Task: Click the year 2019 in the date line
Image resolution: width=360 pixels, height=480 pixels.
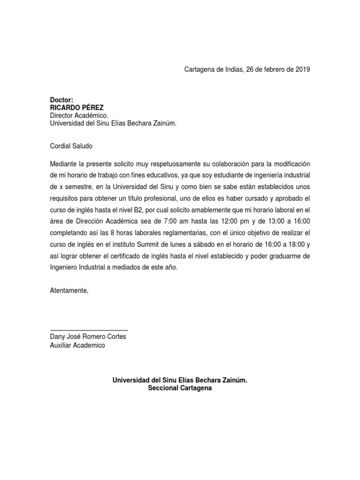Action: click(302, 69)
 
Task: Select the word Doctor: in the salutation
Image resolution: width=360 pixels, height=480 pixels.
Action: click(62, 100)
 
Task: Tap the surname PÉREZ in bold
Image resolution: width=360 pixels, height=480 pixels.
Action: click(93, 108)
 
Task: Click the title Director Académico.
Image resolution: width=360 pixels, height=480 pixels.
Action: click(79, 115)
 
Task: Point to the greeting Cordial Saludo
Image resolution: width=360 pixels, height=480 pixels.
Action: click(71, 146)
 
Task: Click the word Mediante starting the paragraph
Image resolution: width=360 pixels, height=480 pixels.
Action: click(63, 165)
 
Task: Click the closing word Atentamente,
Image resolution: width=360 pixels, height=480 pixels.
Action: click(69, 291)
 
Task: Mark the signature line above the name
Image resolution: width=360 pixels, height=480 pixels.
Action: click(89, 330)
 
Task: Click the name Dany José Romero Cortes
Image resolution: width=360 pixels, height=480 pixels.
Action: click(88, 337)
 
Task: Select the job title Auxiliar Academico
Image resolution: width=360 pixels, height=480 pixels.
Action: click(77, 345)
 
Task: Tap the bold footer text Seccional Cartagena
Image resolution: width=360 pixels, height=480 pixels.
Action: click(180, 389)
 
